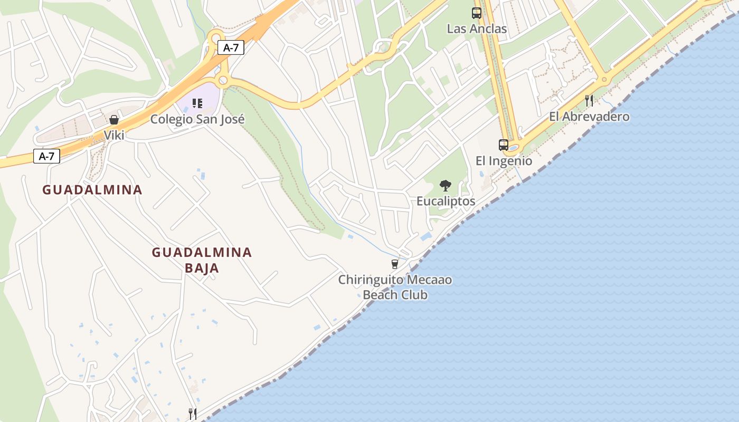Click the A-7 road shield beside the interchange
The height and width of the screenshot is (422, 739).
click(x=231, y=47)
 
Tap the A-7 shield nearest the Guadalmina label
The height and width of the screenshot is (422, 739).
click(x=46, y=156)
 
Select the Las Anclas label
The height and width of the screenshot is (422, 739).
click(x=477, y=29)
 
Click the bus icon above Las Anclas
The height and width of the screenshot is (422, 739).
click(x=477, y=13)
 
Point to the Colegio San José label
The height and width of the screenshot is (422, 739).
click(x=197, y=119)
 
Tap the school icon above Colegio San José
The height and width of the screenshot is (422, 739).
click(x=197, y=103)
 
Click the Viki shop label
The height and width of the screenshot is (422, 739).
click(x=114, y=136)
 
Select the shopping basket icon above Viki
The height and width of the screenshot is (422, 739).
click(x=114, y=120)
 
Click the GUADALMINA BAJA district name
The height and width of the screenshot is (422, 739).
click(x=202, y=260)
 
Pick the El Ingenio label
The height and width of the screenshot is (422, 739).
click(x=504, y=161)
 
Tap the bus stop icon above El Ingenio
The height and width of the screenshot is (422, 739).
click(x=504, y=145)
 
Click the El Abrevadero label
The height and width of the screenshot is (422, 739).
click(x=589, y=117)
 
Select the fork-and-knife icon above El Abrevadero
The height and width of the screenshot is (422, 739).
click(x=589, y=100)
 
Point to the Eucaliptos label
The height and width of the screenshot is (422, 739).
click(x=446, y=201)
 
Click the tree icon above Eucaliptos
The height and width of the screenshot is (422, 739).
click(x=446, y=186)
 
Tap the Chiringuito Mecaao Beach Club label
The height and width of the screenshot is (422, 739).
click(x=395, y=287)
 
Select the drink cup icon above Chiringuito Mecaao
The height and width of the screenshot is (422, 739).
click(x=394, y=264)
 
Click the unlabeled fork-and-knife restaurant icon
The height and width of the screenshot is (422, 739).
click(x=193, y=414)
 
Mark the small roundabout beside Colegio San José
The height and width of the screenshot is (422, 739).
click(x=223, y=80)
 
